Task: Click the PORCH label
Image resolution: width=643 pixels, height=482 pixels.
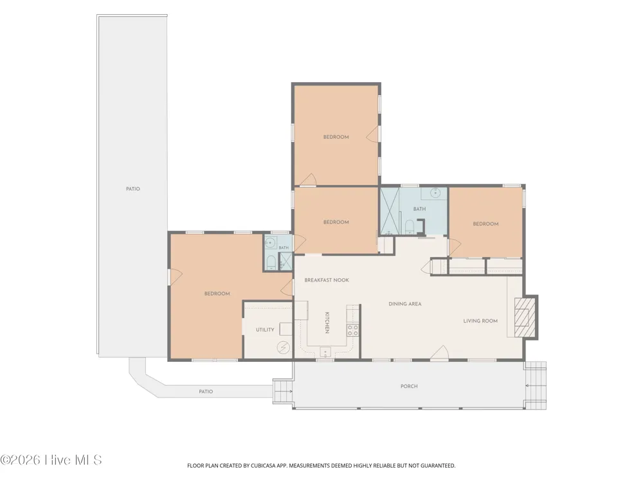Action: pos(409,386)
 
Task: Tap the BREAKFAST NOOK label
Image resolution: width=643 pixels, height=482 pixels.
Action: pos(327,280)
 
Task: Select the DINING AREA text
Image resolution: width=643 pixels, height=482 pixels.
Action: pos(404,304)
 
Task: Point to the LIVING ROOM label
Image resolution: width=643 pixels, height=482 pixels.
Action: pos(480,321)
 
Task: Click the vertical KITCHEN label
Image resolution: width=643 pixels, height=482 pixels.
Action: pos(327,323)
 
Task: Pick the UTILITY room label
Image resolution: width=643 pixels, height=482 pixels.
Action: pos(265,330)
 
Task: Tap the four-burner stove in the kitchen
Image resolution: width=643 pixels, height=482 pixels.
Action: pos(352,330)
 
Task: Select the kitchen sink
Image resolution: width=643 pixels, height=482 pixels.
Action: pos(325,352)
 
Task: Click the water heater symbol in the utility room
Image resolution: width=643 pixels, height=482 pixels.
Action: pos(283,348)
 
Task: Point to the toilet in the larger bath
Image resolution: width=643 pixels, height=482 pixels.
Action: pos(409,227)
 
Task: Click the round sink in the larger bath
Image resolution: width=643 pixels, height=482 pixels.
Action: pos(435,192)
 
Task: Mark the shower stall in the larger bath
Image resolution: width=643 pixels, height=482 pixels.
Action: pos(389,211)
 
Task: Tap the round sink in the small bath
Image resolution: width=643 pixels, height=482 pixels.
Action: pos(269,243)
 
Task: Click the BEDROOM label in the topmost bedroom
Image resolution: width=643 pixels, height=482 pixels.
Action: pos(336,137)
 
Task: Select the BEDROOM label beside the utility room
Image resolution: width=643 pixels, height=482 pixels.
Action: pos(217,294)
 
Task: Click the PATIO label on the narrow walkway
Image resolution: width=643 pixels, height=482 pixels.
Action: pos(206,391)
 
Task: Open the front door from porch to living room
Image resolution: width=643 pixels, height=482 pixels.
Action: pos(440,353)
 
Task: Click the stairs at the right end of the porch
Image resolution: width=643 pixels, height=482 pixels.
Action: pos(536,385)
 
